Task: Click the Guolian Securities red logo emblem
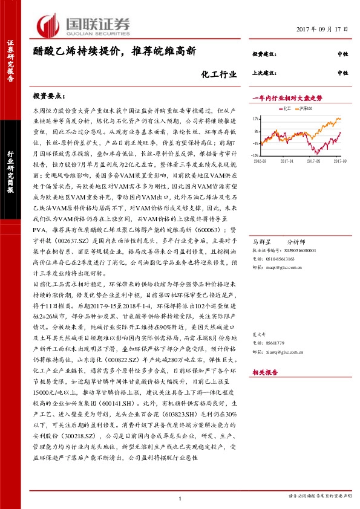49,25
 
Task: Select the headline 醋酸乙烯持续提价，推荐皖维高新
114,52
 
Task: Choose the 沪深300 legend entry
307,109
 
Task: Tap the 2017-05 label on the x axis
314,161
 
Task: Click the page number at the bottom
180,498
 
